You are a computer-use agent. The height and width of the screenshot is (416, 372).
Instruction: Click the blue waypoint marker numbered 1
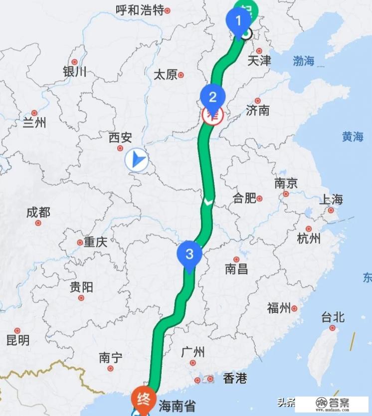coord(238,21)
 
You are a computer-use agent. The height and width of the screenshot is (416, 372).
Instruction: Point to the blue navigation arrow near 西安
coord(137,160)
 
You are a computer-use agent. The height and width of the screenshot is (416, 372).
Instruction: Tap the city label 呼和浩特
coord(139,10)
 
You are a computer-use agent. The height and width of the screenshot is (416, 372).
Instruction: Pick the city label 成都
coord(38,212)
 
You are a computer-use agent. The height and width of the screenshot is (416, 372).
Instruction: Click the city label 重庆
coord(95,242)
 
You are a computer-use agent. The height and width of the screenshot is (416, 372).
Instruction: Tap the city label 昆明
coord(17,341)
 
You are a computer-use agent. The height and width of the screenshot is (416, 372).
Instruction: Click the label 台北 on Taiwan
coord(333,317)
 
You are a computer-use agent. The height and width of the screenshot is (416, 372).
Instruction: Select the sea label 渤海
coord(303,61)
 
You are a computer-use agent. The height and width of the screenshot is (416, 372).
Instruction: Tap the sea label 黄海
coord(352,137)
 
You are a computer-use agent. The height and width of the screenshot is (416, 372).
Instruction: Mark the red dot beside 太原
coord(181,75)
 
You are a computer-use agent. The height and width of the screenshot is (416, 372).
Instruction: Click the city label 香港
coord(235,379)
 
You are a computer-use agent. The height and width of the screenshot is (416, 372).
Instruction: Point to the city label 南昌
coord(236,269)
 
